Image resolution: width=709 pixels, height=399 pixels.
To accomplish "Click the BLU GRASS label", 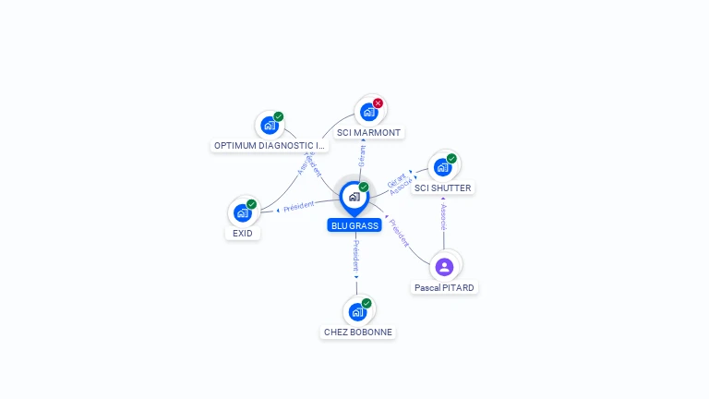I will [354, 225].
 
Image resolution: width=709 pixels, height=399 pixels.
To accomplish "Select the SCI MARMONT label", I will [368, 133].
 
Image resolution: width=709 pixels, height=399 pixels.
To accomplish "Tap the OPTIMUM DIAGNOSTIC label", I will [270, 146].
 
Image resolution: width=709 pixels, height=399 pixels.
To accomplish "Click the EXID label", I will [243, 234].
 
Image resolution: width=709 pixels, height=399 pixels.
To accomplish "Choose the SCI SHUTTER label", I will [443, 188].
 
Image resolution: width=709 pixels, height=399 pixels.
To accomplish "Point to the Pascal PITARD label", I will [444, 288].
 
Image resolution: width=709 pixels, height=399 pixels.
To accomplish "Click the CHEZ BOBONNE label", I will [358, 332].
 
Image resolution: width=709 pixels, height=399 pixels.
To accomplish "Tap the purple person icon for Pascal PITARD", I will [444, 267].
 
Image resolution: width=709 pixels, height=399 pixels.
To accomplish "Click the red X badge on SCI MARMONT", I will [378, 103].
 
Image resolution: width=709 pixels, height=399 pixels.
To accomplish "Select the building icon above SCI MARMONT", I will [368, 112].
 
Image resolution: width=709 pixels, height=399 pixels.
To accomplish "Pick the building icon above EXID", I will [243, 212].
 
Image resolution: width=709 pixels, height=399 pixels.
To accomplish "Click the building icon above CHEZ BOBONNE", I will [357, 311].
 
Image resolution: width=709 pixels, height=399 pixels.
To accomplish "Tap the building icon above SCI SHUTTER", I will [442, 167].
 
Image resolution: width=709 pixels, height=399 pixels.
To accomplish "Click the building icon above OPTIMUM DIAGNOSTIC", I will [270, 125].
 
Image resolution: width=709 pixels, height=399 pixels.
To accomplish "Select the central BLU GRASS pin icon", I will [354, 197].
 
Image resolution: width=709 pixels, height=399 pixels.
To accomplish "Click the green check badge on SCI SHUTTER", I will [451, 159].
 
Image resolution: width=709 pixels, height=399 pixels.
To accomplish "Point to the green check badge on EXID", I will [252, 204].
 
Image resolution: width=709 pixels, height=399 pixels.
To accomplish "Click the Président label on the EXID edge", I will [299, 206].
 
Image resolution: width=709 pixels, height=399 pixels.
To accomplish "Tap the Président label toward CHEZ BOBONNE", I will [356, 255].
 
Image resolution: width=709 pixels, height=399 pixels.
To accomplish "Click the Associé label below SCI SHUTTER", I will [444, 216].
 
